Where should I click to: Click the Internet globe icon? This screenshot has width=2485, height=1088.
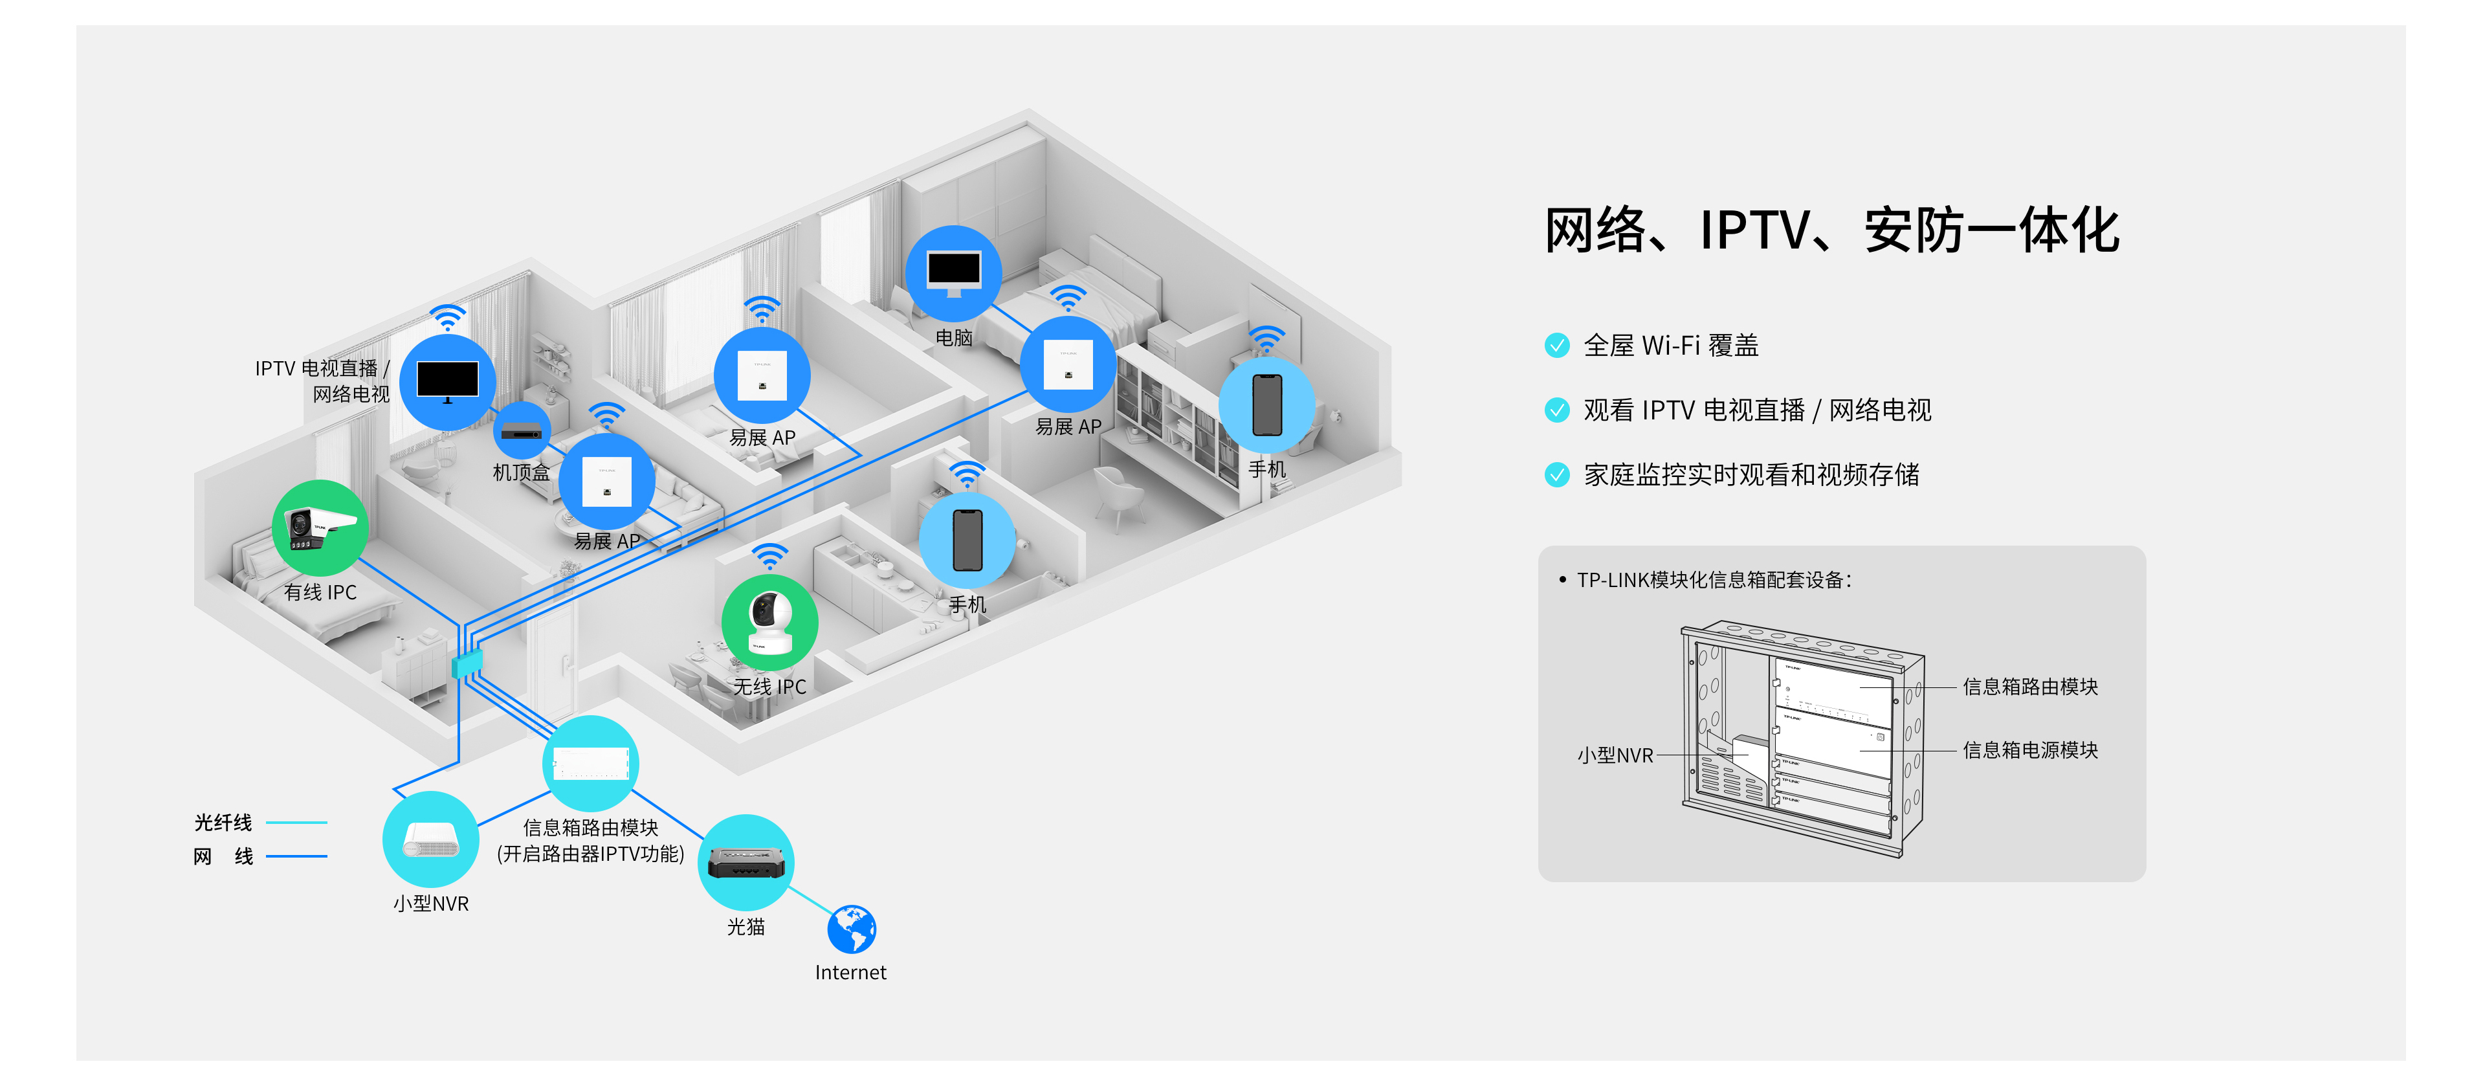pyautogui.click(x=852, y=929)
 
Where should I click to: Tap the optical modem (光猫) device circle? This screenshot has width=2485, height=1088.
pyautogui.click(x=745, y=862)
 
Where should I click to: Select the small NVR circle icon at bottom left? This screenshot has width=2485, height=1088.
pyautogui.click(x=430, y=839)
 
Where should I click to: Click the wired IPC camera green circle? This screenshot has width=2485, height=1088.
pyautogui.click(x=320, y=527)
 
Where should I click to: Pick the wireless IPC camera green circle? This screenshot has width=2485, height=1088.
pyautogui.click(x=770, y=622)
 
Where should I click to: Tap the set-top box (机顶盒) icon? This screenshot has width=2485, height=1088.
pyautogui.click(x=522, y=432)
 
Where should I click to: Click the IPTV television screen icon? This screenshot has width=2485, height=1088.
pyautogui.click(x=448, y=382)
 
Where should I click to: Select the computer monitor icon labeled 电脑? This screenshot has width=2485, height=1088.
pyautogui.click(x=954, y=273)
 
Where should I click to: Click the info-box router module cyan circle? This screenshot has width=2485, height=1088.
pyautogui.click(x=590, y=764)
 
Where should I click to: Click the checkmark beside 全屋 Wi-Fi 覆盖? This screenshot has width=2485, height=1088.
pyautogui.click(x=1557, y=346)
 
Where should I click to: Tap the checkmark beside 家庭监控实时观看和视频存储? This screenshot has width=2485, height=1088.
pyautogui.click(x=1557, y=474)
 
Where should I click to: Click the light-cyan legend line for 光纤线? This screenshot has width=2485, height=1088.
pyautogui.click(x=296, y=823)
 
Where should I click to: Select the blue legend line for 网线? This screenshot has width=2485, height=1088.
pyautogui.click(x=296, y=856)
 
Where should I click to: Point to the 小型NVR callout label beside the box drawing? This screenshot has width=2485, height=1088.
pyautogui.click(x=1615, y=755)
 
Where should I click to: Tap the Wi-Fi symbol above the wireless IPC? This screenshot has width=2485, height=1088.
pyautogui.click(x=770, y=557)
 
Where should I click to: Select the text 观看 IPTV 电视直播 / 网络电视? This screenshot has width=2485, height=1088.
pyautogui.click(x=1757, y=410)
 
